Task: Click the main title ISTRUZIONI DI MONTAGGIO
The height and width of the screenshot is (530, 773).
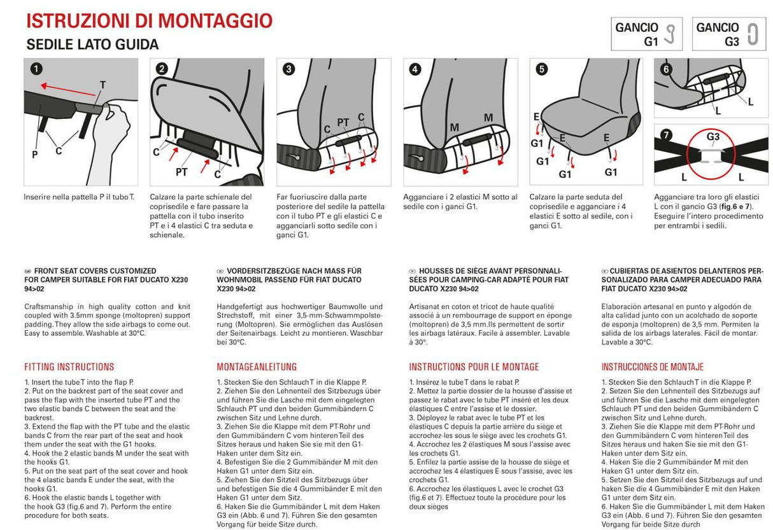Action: click(149, 20)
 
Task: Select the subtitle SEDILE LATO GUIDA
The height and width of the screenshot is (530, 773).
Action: click(92, 45)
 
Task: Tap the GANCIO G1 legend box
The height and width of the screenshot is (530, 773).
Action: click(646, 34)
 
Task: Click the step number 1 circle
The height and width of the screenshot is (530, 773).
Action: click(37, 69)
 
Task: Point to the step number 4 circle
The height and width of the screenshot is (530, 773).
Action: click(415, 69)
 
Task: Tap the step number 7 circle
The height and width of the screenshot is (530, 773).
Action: click(666, 134)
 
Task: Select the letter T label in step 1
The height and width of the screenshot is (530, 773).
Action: click(103, 85)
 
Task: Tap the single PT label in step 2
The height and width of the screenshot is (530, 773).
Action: click(181, 172)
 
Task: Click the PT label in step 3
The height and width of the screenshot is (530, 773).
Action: click(343, 122)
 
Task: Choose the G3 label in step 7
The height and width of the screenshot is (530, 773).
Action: click(713, 136)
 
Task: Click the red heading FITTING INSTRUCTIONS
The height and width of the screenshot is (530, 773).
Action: click(69, 367)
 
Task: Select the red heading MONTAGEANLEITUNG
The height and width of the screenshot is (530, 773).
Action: click(257, 367)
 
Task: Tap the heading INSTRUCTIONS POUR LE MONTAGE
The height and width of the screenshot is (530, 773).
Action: click(474, 367)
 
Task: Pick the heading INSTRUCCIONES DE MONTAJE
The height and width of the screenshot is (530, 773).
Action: click(653, 367)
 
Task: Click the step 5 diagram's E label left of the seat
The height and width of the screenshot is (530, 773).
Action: click(537, 116)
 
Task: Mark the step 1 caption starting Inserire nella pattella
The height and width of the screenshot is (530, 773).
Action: click(79, 197)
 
